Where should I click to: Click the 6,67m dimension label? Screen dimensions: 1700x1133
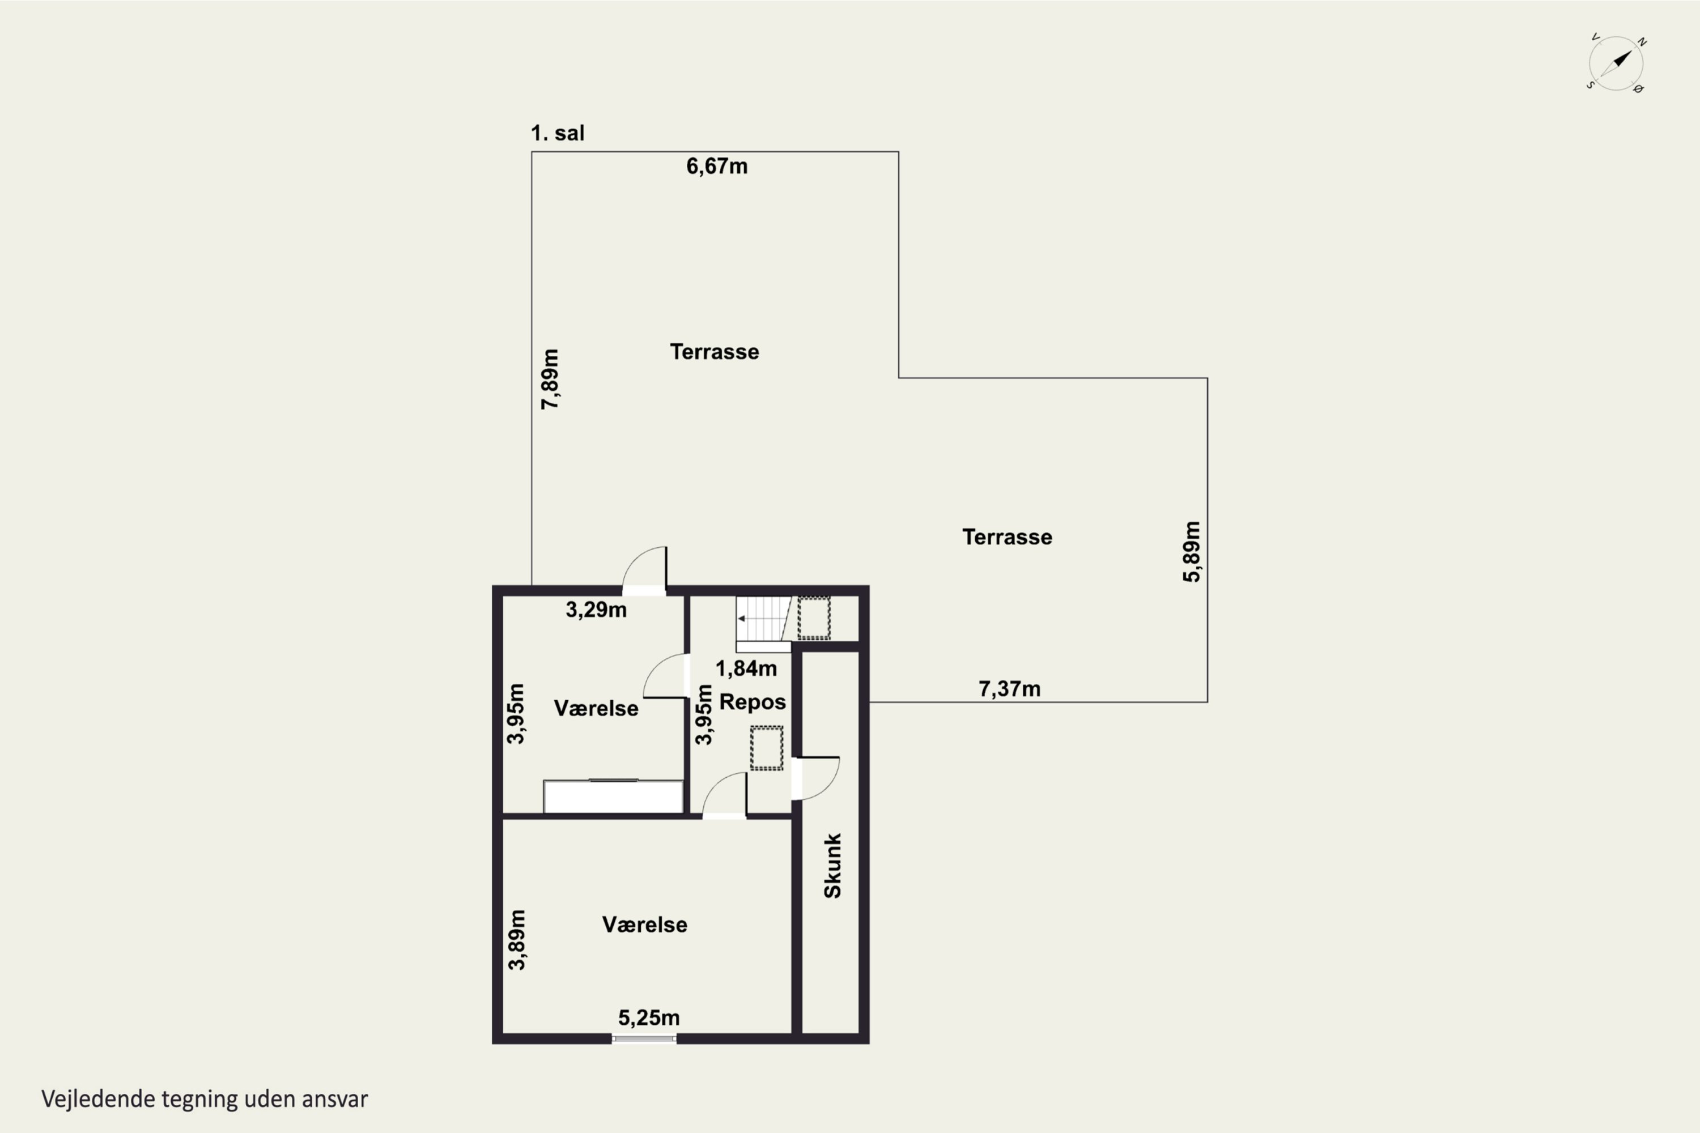tap(716, 166)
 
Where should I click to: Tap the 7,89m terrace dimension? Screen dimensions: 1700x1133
tap(550, 380)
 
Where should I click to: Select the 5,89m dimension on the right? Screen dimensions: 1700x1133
tap(1191, 551)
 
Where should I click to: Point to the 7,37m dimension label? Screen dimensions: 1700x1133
tap(1010, 689)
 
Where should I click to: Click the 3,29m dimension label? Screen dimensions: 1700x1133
tap(596, 610)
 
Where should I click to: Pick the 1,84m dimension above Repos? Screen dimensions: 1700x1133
tap(746, 668)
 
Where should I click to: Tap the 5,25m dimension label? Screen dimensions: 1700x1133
tap(648, 1018)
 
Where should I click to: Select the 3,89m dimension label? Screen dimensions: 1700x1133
tap(516, 939)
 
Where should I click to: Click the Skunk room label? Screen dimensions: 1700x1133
tap(832, 866)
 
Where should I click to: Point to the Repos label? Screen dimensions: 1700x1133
tap(753, 702)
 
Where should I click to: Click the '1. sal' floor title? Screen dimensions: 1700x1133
tap(557, 133)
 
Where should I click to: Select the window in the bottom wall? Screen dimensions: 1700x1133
tap(644, 1039)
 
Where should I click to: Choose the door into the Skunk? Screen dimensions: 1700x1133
tap(816, 778)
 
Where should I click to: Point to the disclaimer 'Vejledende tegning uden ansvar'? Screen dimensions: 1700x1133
tap(205, 1099)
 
